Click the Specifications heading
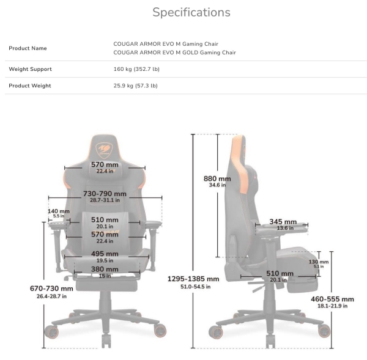coord(191,12)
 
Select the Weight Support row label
coord(30,69)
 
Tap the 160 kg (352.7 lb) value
coord(136,69)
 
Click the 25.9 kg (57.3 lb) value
coord(136,86)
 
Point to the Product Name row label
coord(28,48)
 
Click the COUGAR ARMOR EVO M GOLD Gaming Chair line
coord(174,53)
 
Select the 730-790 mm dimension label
coord(105,194)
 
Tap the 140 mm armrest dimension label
coord(59,211)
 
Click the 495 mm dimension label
coord(105,254)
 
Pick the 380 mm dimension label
coord(105,270)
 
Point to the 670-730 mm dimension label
coord(51,288)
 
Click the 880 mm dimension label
coord(217,178)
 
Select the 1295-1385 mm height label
coord(193,279)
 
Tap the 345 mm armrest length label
coord(283,221)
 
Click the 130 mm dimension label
coord(319,262)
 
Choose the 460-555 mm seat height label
coord(332,299)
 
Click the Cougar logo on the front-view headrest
coord(105,150)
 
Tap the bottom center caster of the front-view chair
coord(106,341)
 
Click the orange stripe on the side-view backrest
coord(239,164)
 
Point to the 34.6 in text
coord(217,185)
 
